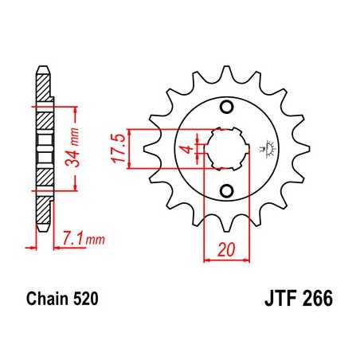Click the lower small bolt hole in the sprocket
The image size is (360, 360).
(x=227, y=190)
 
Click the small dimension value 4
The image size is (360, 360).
(x=186, y=149)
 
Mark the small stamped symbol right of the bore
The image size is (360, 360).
(x=265, y=148)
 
